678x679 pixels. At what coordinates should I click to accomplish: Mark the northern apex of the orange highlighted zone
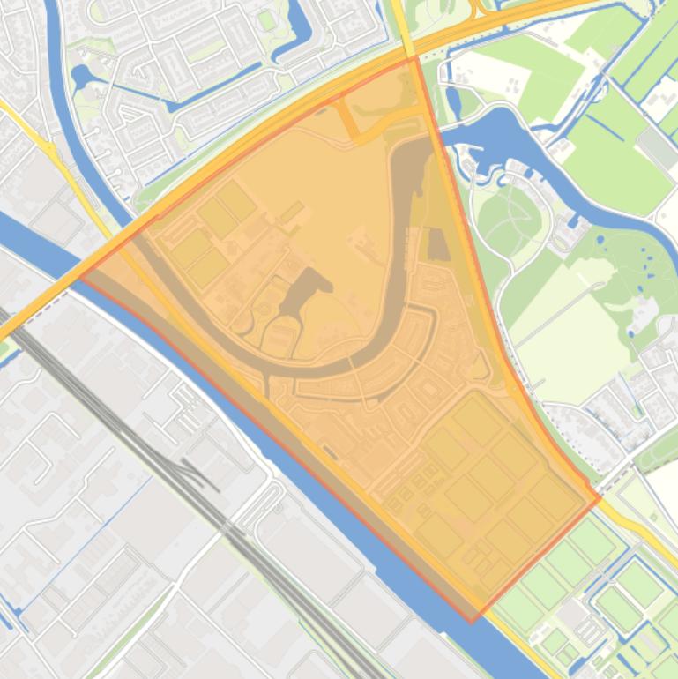414,58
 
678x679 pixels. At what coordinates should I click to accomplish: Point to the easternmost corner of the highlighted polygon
600,498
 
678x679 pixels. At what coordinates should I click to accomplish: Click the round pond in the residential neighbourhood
83,76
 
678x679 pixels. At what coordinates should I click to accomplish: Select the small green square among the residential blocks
265,19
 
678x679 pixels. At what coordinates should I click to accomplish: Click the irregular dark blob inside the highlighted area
305,290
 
